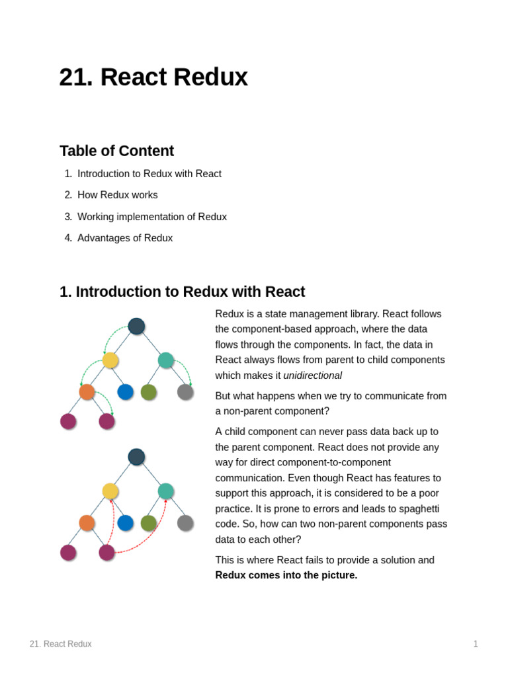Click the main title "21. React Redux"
tap(153, 77)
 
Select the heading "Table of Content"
tap(116, 151)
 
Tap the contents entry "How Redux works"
tap(117, 195)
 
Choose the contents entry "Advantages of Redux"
tap(124, 238)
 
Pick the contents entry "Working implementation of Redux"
tap(151, 217)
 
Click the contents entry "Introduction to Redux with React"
tap(149, 174)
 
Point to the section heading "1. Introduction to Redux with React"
tap(182, 292)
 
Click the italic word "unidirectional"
tap(312, 376)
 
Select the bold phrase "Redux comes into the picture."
tap(286, 575)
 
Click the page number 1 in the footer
tap(475, 644)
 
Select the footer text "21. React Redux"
tap(60, 644)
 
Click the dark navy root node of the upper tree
tap(136, 326)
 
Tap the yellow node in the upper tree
tap(110, 360)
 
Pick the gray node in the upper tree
tap(185, 392)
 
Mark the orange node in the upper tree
tap(87, 392)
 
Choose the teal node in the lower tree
tap(165, 491)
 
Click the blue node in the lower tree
tap(125, 523)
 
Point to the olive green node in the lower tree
tap(148, 523)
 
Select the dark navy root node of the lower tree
tap(136, 457)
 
